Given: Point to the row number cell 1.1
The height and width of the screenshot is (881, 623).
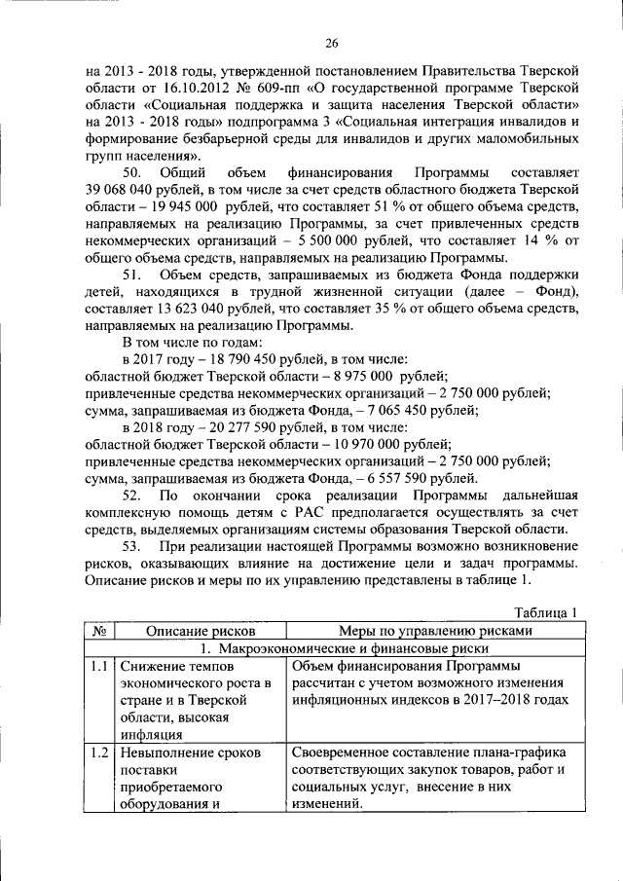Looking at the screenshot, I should pyautogui.click(x=98, y=667).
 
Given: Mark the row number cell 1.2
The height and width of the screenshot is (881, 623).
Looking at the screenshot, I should pyautogui.click(x=98, y=753).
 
